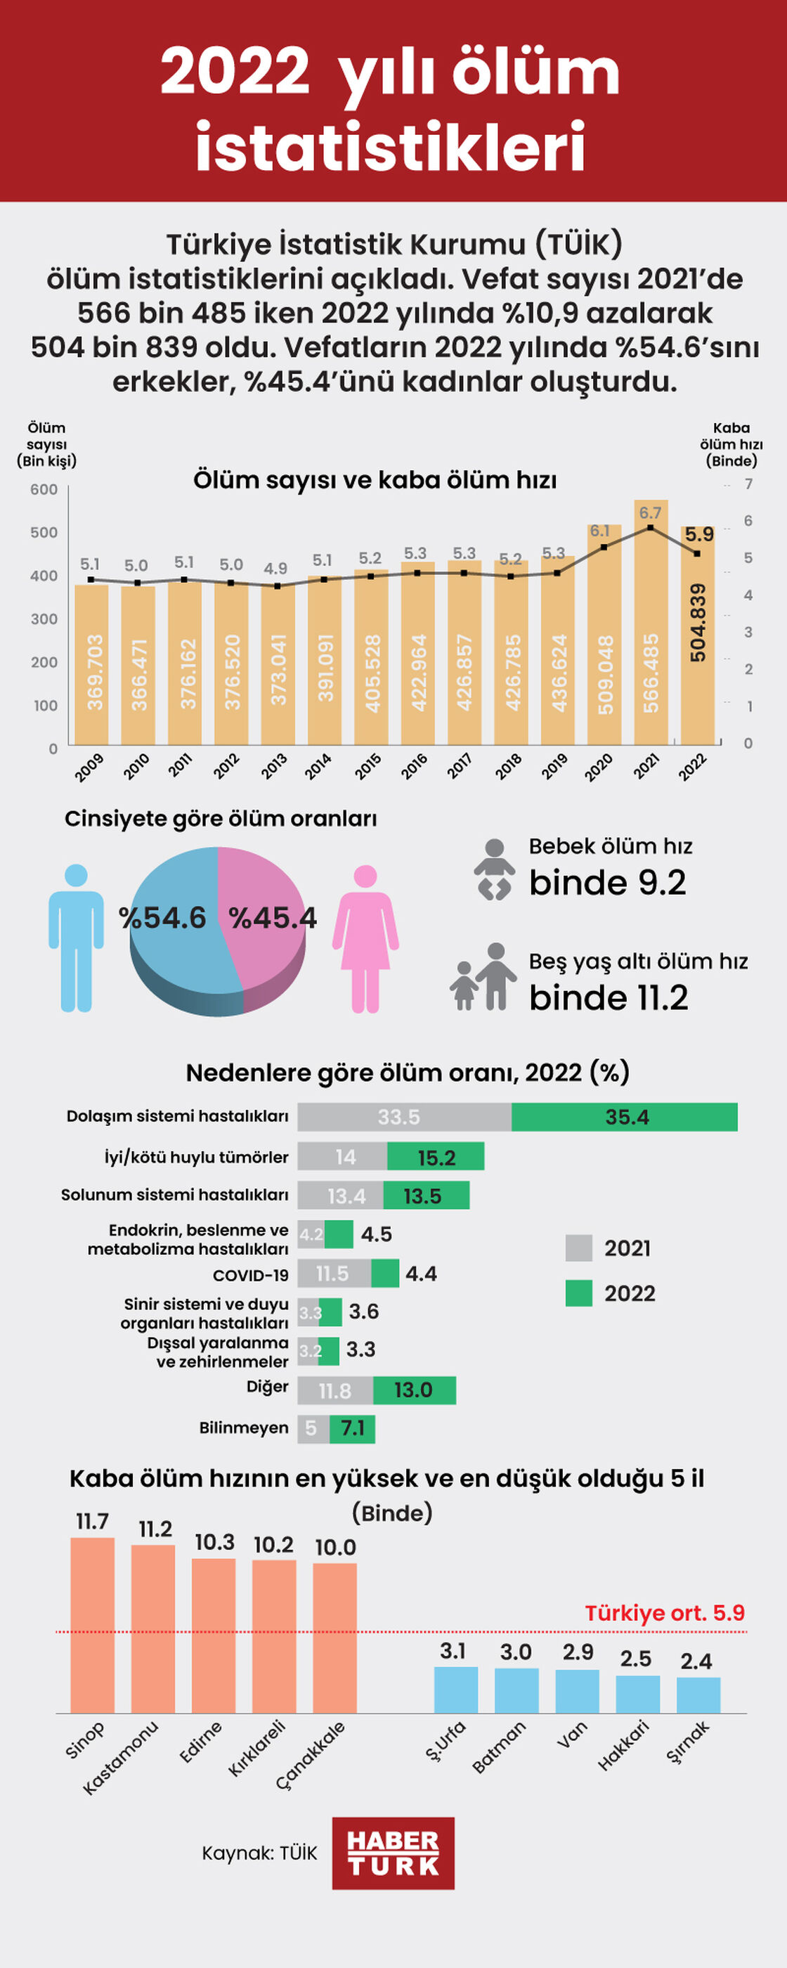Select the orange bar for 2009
(91, 665)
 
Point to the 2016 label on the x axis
(414, 765)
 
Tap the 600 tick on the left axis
(44, 490)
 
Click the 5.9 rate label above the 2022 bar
(699, 534)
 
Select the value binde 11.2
(609, 998)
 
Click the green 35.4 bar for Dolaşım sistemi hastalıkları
(624, 1117)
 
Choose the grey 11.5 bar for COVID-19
(334, 1274)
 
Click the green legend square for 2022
(578, 1293)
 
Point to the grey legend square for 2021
(578, 1248)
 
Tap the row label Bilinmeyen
(244, 1428)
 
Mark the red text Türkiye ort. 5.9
(664, 1613)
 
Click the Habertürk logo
(393, 1853)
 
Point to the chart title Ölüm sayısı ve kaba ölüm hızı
(375, 480)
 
